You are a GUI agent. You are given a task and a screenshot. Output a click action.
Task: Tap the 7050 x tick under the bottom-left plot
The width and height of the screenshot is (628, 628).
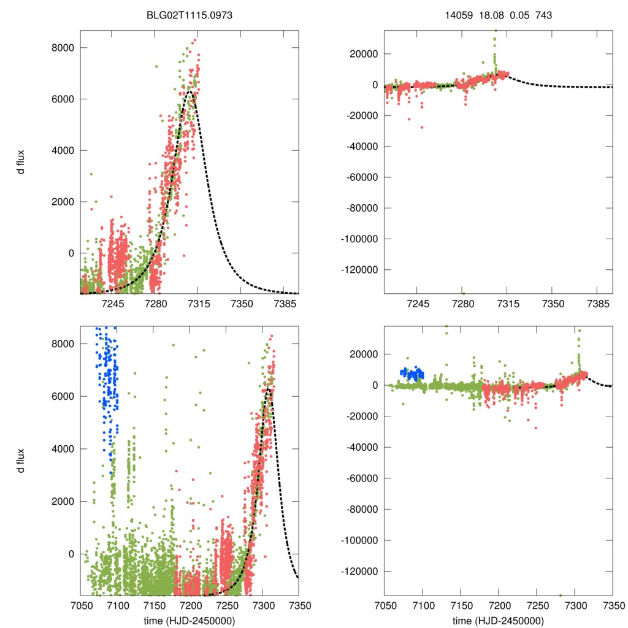(x=80, y=605)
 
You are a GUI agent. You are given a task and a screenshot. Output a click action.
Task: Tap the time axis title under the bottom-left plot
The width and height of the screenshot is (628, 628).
(x=190, y=620)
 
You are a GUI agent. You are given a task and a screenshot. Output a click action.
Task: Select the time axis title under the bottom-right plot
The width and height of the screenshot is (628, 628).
(x=498, y=620)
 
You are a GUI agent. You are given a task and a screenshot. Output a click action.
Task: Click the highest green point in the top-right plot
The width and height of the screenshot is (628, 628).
(x=496, y=30)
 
